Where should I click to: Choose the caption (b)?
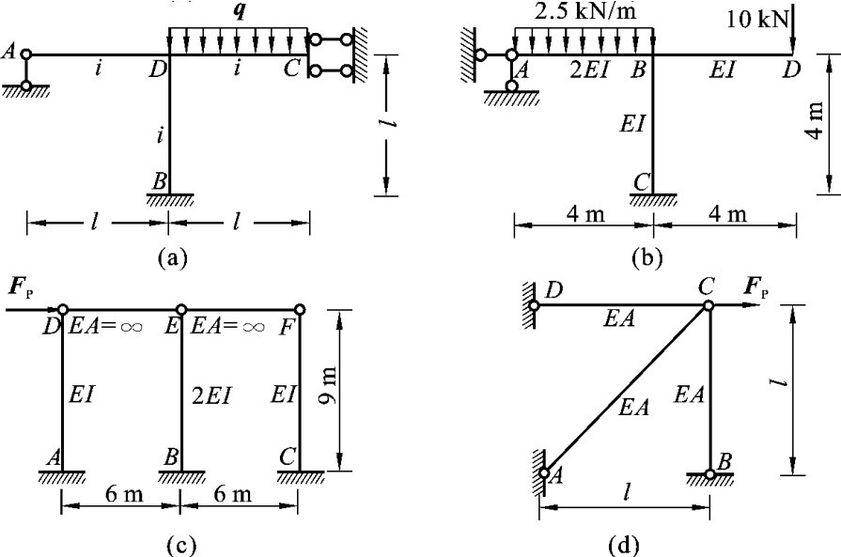click(x=654, y=254)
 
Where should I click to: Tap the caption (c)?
click(x=179, y=541)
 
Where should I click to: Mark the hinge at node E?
click(x=180, y=309)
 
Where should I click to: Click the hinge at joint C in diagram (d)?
click(x=708, y=305)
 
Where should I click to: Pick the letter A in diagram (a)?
click(x=8, y=54)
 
